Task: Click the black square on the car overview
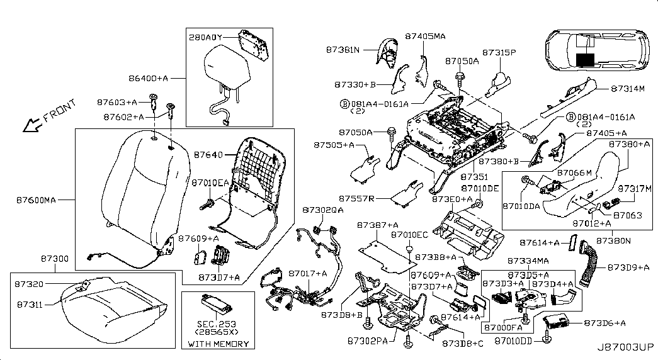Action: [585, 60]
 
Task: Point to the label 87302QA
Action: [323, 210]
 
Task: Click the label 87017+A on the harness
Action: [308, 273]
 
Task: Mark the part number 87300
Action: [38, 259]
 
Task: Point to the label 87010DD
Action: [513, 340]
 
